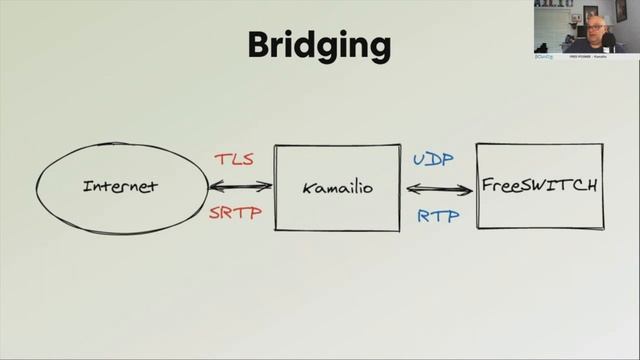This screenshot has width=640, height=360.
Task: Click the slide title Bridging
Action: [318, 44]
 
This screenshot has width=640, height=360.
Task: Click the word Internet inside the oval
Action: [120, 186]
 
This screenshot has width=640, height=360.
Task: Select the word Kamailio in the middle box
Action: [337, 186]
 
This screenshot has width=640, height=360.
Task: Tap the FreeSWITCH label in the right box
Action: [540, 185]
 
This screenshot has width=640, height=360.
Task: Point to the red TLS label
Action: [235, 159]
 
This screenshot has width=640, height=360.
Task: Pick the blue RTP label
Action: [438, 214]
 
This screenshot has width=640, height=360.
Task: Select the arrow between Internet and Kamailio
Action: [240, 186]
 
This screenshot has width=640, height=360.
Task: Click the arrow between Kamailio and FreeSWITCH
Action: [440, 189]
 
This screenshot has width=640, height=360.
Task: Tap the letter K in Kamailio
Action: [307, 186]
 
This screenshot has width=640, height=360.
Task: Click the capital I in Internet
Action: [87, 186]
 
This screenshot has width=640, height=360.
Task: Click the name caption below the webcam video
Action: [599, 56]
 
